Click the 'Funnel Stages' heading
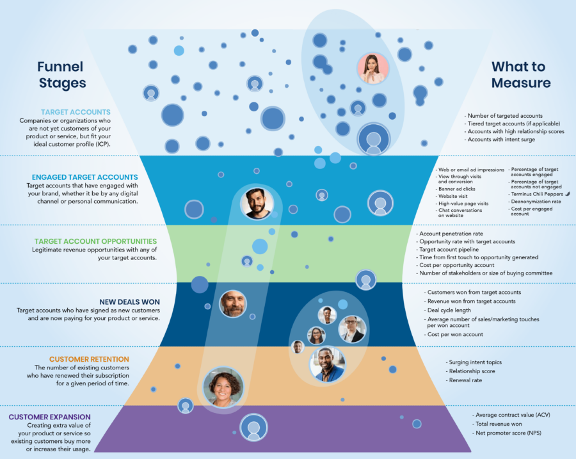pos(61,74)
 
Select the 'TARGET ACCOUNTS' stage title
pos(76,112)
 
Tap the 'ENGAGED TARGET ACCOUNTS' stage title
pos(85,177)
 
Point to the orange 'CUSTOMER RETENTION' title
pos(89,359)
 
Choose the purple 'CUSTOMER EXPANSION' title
pos(50,417)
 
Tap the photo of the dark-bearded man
pos(257,204)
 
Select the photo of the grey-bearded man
pos(232,303)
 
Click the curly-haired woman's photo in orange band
pos(223,387)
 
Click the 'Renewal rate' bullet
pos(466,380)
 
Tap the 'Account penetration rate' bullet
pos(450,234)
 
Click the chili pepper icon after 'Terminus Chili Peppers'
pos(568,193)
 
